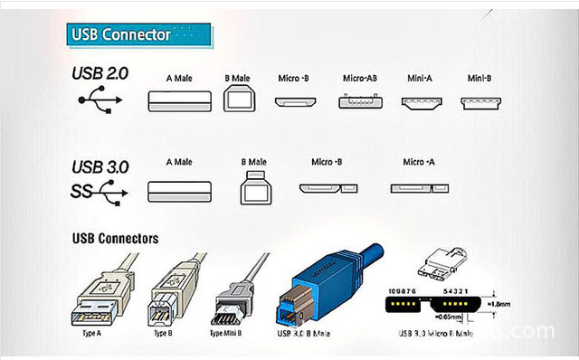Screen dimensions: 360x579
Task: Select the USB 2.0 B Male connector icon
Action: (x=239, y=99)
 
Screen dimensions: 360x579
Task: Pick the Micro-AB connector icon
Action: (x=358, y=101)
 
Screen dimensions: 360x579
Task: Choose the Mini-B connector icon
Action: (x=479, y=101)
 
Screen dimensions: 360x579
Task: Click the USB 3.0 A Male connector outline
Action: (x=179, y=191)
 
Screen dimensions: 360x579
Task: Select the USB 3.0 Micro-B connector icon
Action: (x=326, y=190)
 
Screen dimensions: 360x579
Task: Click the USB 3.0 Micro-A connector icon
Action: (x=418, y=189)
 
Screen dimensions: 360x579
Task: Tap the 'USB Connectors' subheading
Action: (x=115, y=239)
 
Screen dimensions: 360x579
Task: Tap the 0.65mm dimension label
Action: (x=450, y=318)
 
